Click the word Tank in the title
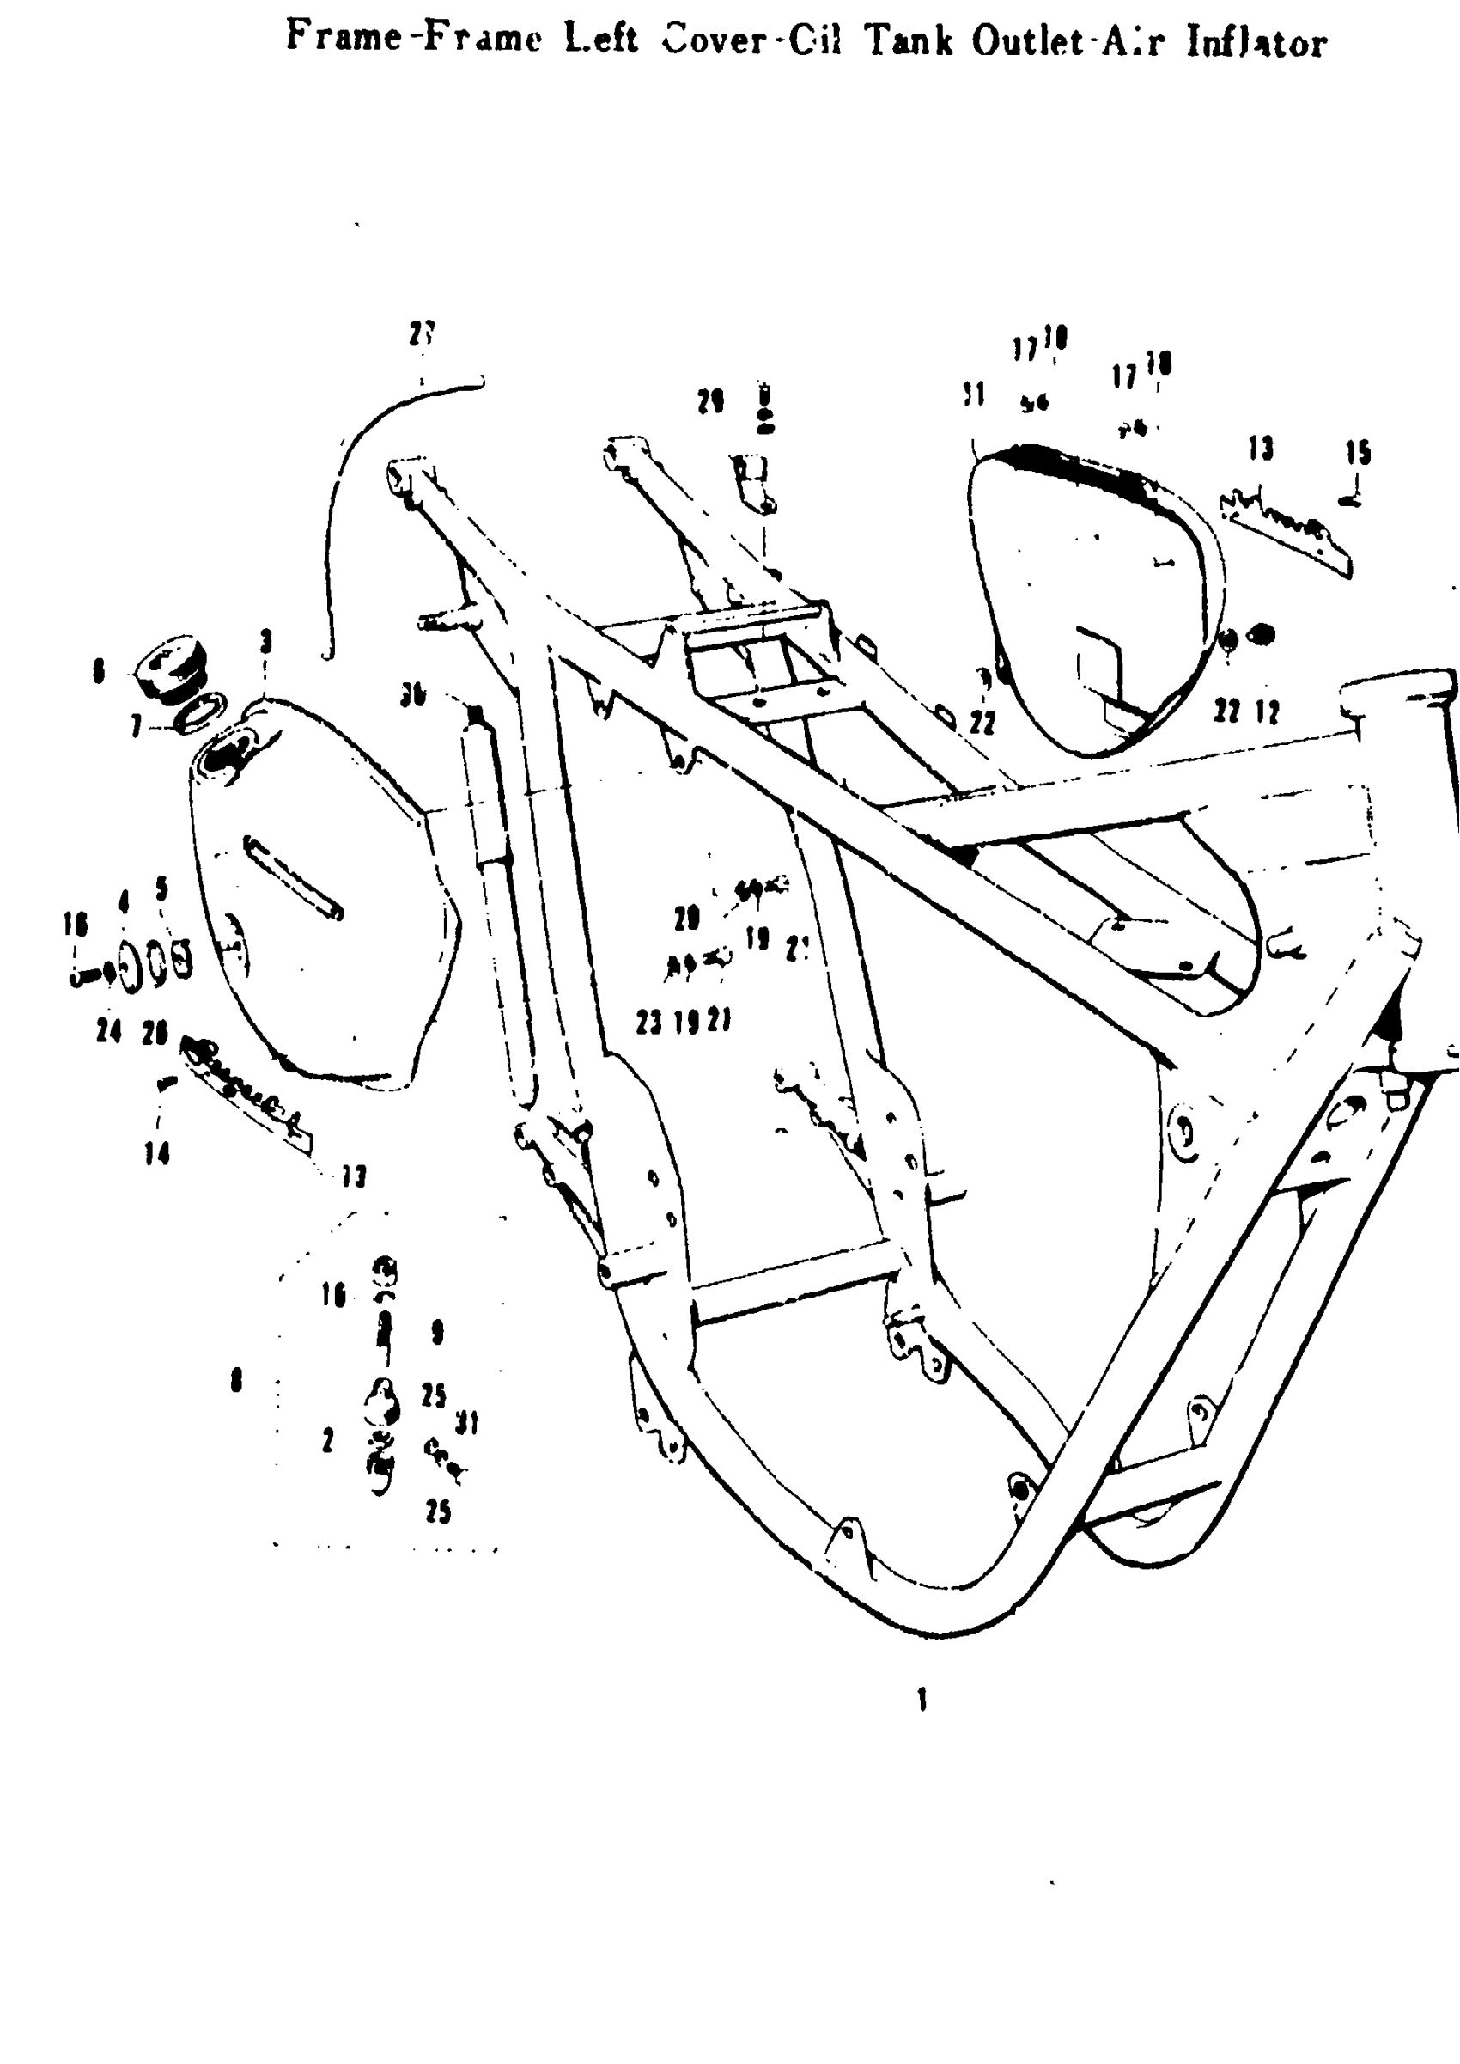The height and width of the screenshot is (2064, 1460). (x=907, y=40)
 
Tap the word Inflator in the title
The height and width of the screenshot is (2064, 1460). (x=1256, y=42)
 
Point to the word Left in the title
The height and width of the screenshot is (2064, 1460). (x=600, y=39)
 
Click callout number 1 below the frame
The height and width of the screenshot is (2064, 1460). (x=922, y=1700)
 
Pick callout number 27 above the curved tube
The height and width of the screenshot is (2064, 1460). (x=422, y=334)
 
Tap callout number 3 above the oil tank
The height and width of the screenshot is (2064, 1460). (x=266, y=642)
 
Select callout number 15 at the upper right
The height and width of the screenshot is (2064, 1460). (x=1358, y=452)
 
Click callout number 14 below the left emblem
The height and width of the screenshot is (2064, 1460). (x=157, y=1154)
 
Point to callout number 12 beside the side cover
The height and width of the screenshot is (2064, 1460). (x=1268, y=712)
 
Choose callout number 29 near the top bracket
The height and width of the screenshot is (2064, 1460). (x=711, y=402)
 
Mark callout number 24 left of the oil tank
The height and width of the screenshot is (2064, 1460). (x=109, y=1031)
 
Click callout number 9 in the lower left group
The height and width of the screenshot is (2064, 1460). (x=438, y=1332)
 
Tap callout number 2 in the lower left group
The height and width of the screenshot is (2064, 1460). (x=327, y=1441)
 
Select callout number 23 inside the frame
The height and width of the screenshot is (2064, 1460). (x=649, y=1022)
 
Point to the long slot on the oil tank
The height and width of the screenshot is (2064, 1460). (x=293, y=878)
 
